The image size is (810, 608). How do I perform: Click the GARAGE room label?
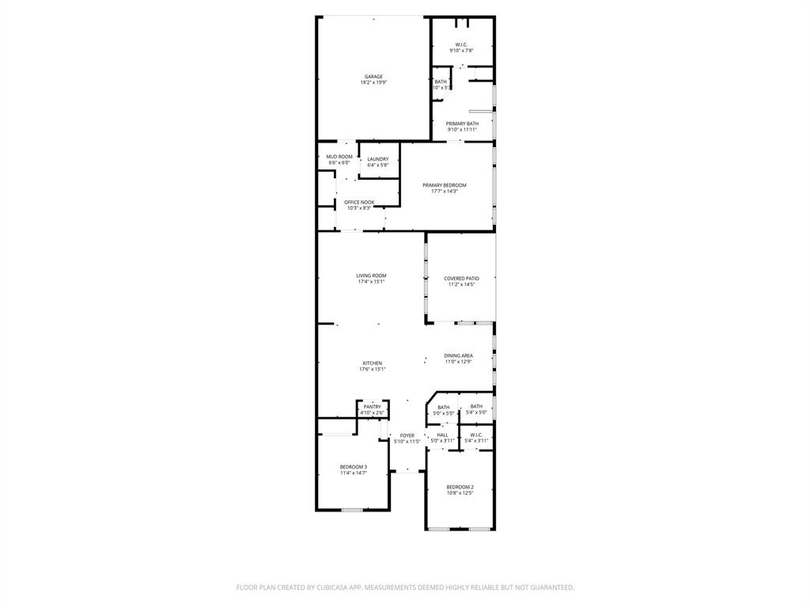373,77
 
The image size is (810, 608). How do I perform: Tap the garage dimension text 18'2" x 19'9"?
373,82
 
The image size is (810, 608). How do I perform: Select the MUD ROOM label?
339,157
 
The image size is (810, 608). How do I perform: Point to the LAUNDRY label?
378,159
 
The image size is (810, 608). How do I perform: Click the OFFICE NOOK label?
359,202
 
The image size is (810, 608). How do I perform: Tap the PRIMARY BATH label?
462,123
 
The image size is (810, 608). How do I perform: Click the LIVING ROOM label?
371,275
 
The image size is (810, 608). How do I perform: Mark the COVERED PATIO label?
461,279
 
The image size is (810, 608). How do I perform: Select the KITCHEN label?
372,363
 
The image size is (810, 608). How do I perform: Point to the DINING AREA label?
458,356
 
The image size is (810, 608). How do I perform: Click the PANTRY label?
372,407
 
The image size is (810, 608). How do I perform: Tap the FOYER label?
407,435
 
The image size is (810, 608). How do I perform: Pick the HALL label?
442,435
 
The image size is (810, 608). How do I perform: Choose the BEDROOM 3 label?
354,467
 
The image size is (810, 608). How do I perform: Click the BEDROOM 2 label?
460,487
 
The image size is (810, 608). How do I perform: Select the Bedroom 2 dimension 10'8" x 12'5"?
460,493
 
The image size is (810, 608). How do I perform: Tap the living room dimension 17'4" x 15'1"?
371,282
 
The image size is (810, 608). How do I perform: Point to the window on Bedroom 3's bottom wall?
352,510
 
